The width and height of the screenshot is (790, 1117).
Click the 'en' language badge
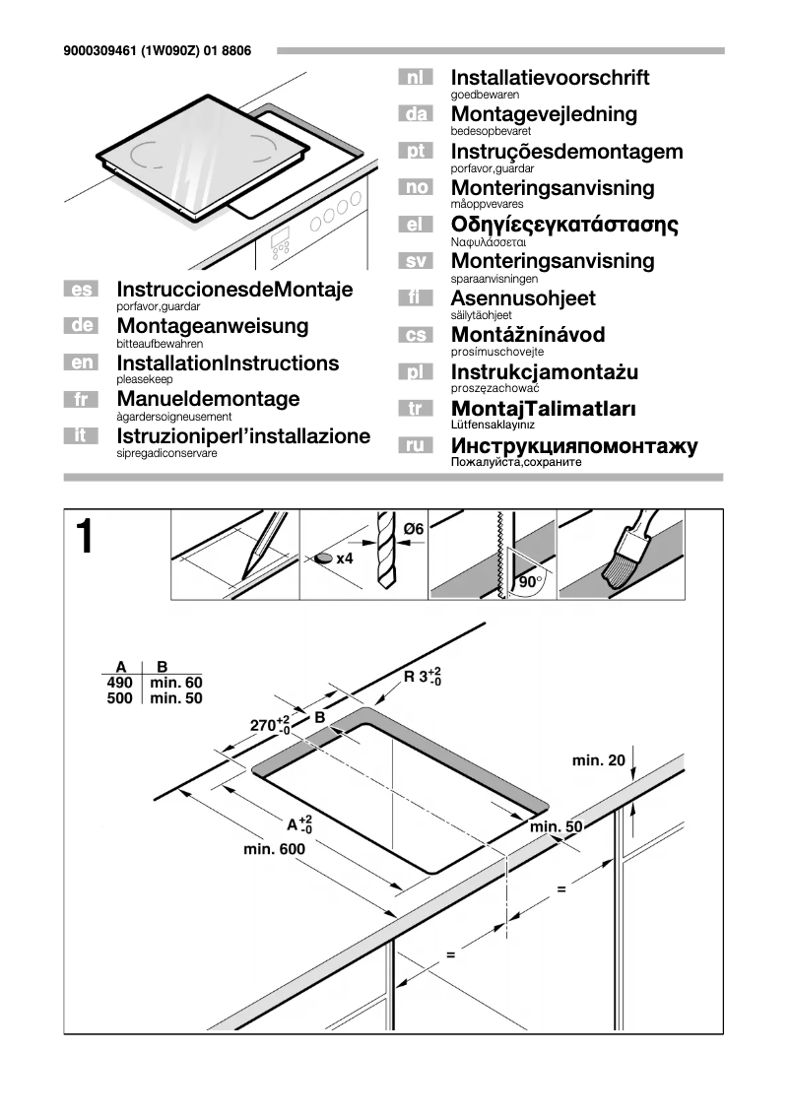coord(80,363)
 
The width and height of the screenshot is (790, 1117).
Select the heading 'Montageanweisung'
coord(212,326)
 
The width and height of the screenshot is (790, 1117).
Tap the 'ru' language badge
coord(415,446)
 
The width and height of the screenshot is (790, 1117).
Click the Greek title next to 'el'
coord(564,225)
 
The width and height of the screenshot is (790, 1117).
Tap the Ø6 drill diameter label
coord(413,530)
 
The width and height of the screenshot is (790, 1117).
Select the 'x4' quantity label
coord(344,558)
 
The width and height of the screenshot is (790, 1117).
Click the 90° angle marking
coord(530,582)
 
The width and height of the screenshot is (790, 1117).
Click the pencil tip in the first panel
coord(244,573)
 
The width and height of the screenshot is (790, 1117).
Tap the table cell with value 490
coord(119,683)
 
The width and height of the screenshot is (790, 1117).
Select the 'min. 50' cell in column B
coord(175,698)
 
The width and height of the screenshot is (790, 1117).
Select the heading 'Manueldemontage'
coord(208,400)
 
